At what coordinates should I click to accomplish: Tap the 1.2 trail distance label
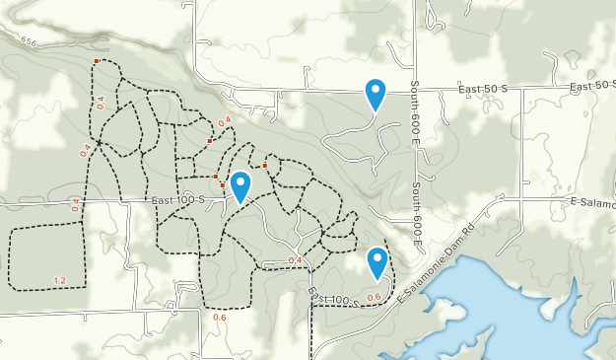coord(58,281)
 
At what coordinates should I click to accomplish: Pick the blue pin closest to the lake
coord(376,262)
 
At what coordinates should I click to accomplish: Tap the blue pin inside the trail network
coord(238,186)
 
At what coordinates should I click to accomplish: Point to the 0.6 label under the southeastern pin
coord(374,297)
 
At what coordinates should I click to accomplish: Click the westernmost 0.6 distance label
coord(219,318)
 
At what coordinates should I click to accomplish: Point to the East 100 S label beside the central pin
coord(178,200)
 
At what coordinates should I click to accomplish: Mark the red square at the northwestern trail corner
coord(96,61)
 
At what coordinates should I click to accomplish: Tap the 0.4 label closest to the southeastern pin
coord(295,260)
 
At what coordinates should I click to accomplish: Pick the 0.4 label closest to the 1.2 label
coord(76,205)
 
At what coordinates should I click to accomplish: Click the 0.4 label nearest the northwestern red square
coord(100,101)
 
